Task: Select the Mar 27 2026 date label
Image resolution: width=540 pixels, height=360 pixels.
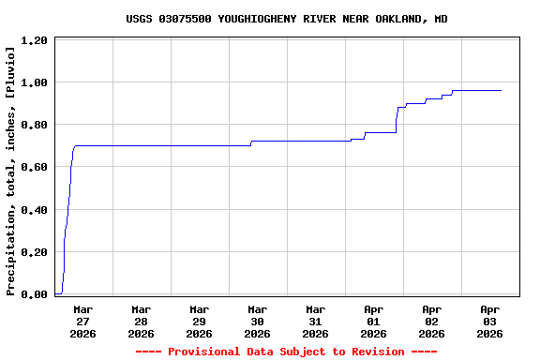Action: pyautogui.click(x=82, y=321)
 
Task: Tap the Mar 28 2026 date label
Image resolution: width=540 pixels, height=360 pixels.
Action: pyautogui.click(x=141, y=321)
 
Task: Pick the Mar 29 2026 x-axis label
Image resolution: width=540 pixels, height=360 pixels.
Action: pyautogui.click(x=199, y=321)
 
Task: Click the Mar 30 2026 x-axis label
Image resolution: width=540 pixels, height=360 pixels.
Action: pyautogui.click(x=257, y=321)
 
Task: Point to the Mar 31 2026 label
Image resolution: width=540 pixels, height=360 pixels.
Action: pyautogui.click(x=315, y=321)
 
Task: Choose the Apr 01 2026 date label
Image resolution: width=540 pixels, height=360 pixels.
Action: pyautogui.click(x=373, y=321)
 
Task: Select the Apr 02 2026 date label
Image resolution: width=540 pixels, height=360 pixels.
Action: pyautogui.click(x=431, y=321)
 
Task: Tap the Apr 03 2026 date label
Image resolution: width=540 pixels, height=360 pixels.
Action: pyautogui.click(x=489, y=321)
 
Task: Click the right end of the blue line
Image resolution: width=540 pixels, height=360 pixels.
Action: pyautogui.click(x=502, y=90)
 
